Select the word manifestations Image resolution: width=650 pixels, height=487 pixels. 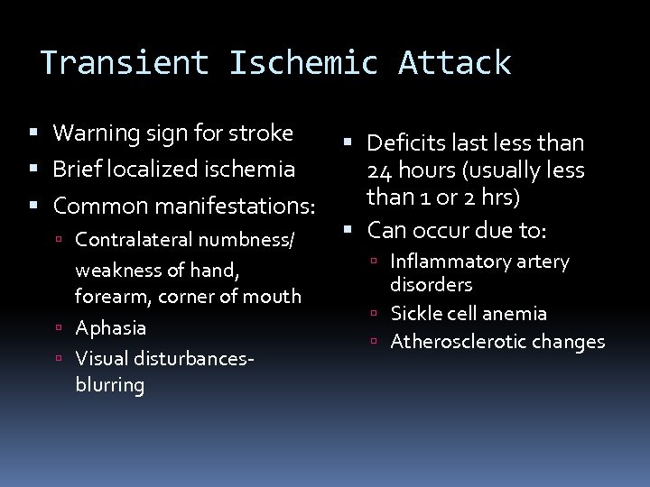point(237,206)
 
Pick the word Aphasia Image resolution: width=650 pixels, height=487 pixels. point(111,326)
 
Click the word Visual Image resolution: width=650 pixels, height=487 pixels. point(101,356)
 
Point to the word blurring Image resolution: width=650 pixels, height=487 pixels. point(110,385)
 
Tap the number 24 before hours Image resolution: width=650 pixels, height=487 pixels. point(378,170)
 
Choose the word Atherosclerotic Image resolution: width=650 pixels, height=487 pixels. point(450,342)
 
